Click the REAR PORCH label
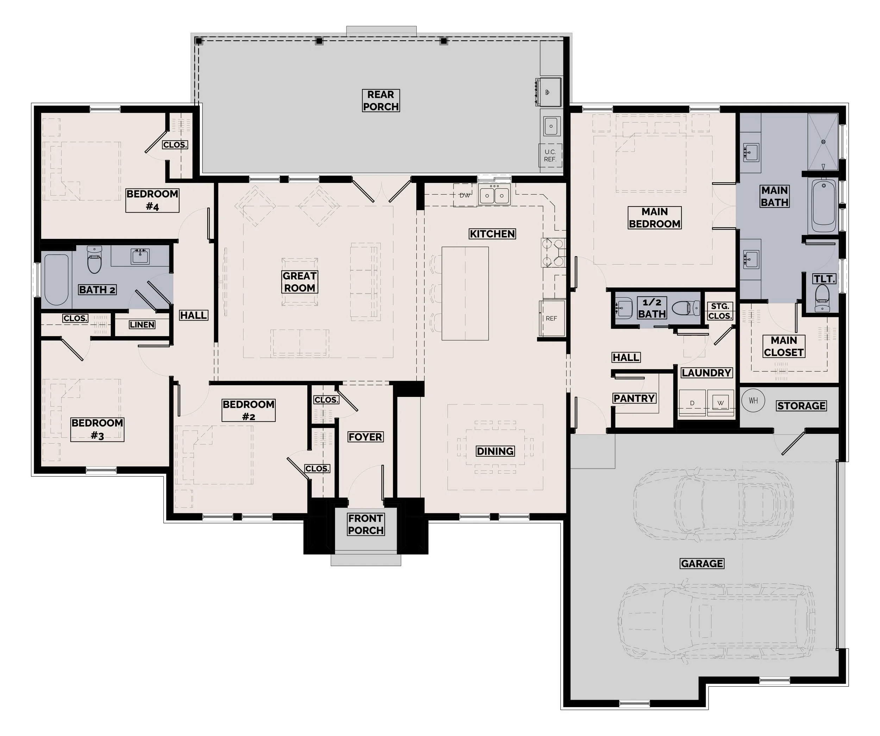[381, 101]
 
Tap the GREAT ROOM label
[300, 281]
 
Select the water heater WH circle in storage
[753, 400]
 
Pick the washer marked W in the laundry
[720, 403]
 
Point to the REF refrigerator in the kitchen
[552, 318]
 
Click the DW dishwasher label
[465, 195]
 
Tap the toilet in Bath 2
[94, 259]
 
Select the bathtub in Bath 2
[56, 279]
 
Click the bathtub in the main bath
[824, 205]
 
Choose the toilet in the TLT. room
[822, 298]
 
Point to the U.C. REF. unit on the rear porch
[550, 156]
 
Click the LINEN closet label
[142, 325]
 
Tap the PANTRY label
[634, 398]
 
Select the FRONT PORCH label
[366, 524]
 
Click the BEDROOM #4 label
[152, 200]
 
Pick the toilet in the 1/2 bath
[686, 308]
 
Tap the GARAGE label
[702, 563]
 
